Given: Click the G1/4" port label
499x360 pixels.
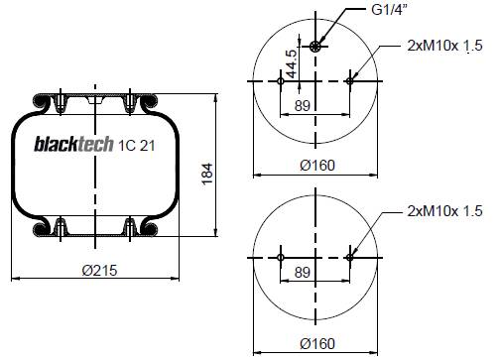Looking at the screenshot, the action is tap(389, 10).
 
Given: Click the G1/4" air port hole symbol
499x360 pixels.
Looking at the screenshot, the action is tap(315, 47).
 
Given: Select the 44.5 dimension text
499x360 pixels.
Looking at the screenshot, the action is tap(291, 63).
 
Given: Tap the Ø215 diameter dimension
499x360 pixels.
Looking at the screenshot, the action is tap(99, 271).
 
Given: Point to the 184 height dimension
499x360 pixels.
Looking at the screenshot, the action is tap(207, 174).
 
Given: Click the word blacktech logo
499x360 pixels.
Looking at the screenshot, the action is tap(73, 144).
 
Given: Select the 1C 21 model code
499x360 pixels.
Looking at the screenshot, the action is tap(137, 146).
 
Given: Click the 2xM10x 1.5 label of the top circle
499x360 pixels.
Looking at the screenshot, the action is tap(444, 46).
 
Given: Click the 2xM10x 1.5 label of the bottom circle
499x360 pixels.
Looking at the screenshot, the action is tap(444, 211).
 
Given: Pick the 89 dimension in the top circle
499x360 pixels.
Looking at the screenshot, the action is tap(303, 106).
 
